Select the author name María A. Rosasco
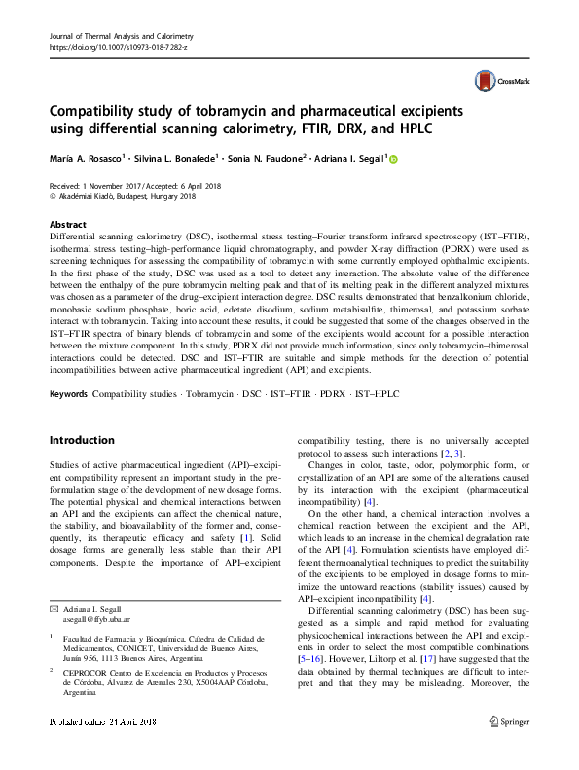(x=90, y=159)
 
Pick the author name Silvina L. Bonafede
(x=168, y=159)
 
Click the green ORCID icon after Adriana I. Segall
(x=394, y=159)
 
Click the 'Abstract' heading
(x=67, y=223)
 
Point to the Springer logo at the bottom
(x=511, y=749)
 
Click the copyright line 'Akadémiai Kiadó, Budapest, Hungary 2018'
(x=128, y=195)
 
